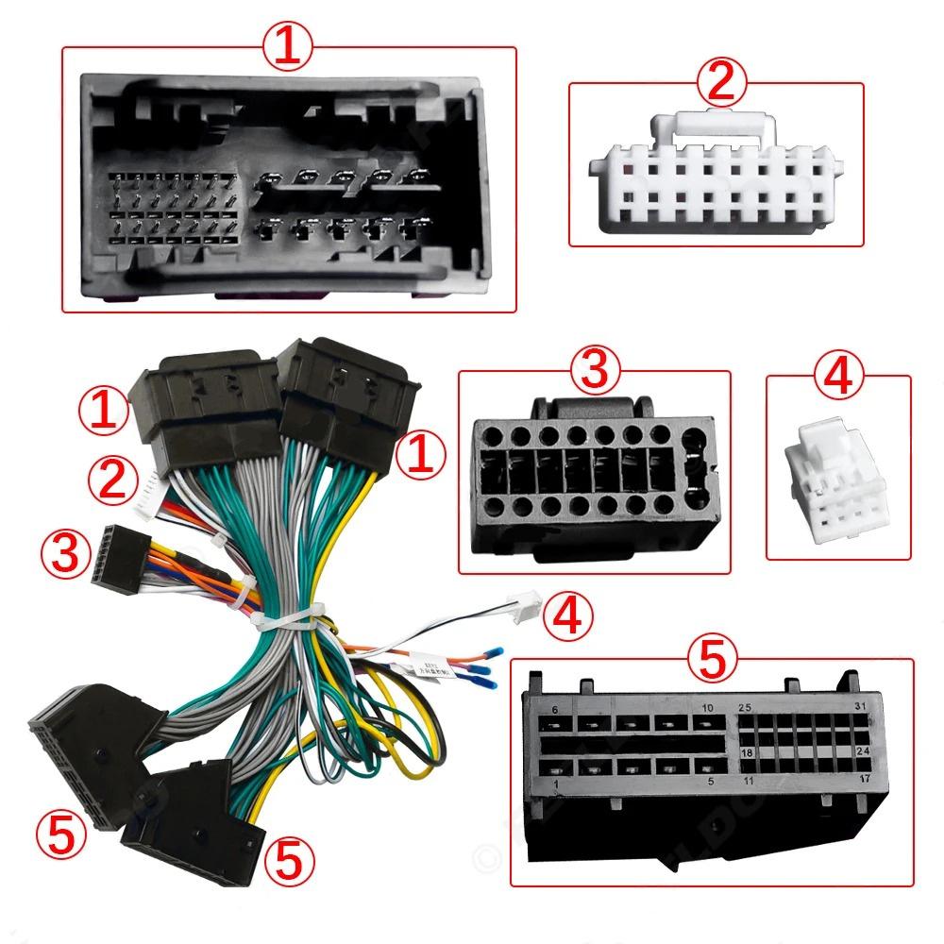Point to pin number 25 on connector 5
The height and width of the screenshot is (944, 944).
point(745,707)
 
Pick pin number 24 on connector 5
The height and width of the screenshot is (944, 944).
point(861,752)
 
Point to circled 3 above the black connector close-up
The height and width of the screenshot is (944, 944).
point(593,371)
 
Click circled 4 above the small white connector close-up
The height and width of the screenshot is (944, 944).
point(838,377)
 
